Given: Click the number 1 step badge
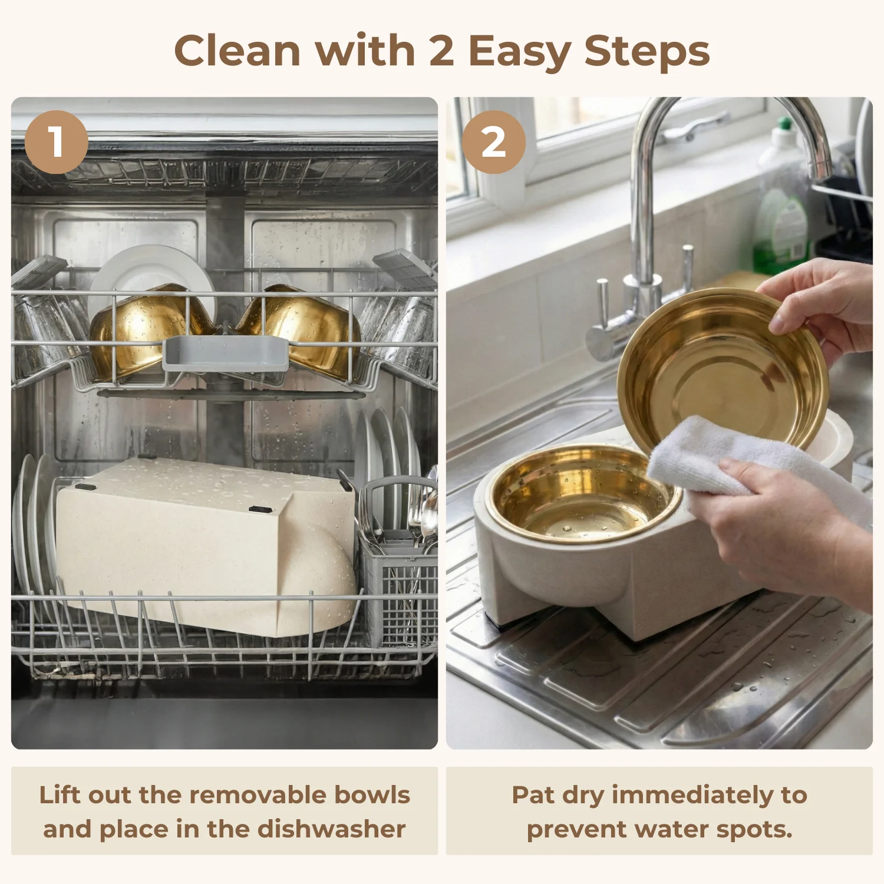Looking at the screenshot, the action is coord(57,142).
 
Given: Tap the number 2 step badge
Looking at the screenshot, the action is coord(494,142).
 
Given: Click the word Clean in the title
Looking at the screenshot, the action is coord(238,51).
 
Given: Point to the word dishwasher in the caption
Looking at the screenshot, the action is coord(332,829).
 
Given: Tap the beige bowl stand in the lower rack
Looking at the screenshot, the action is coord(206,545).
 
